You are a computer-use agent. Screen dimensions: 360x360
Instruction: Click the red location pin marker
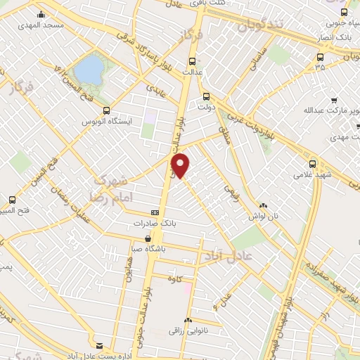point(181,165)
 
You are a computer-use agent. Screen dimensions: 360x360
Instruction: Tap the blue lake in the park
point(89,70)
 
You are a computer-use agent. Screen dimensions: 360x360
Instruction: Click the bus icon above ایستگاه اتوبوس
point(107,110)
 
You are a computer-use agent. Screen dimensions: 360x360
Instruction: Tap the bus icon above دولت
point(206,97)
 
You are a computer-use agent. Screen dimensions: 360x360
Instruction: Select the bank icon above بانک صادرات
point(155,212)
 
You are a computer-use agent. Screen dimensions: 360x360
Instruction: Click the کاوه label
point(175,278)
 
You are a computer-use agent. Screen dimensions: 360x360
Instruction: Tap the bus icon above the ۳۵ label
point(321,58)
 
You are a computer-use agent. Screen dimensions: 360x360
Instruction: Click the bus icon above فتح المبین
point(12,200)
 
